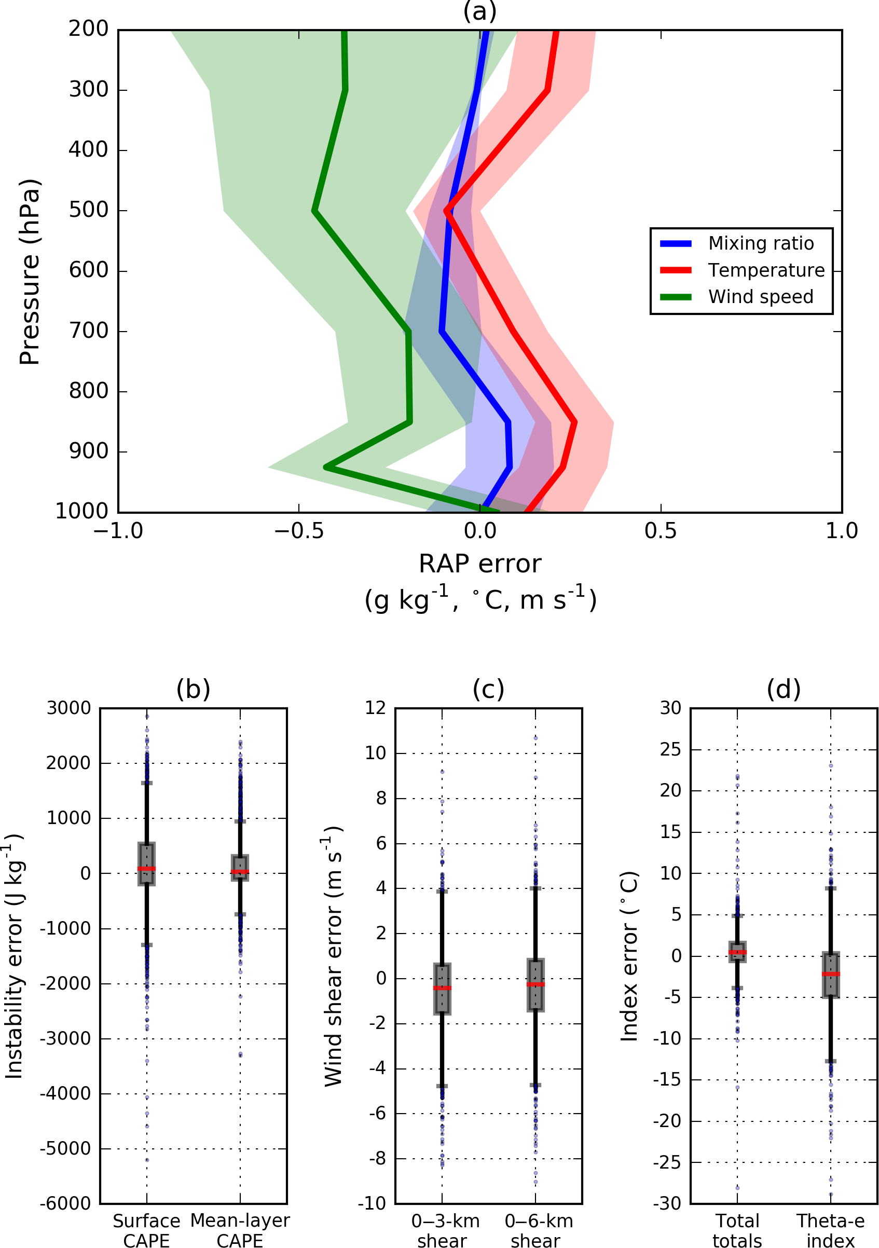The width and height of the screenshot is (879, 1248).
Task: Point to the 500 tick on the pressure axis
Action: (89, 210)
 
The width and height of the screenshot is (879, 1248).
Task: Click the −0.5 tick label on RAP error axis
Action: (298, 531)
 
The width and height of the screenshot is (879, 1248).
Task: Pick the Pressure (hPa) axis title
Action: (30, 271)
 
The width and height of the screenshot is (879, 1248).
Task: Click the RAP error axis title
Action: (479, 564)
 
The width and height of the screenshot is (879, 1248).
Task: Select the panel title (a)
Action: (479, 11)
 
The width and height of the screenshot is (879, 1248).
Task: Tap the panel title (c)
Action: (488, 689)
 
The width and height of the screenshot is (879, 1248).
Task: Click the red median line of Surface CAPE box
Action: (147, 869)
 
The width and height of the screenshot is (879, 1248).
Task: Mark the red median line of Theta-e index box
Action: (831, 974)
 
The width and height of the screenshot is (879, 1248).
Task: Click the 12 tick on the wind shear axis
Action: (375, 708)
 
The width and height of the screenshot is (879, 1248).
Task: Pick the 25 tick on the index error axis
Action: (670, 749)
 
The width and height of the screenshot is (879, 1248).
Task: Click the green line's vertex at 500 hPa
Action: (314, 210)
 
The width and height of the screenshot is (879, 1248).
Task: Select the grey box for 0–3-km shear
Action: (442, 988)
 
